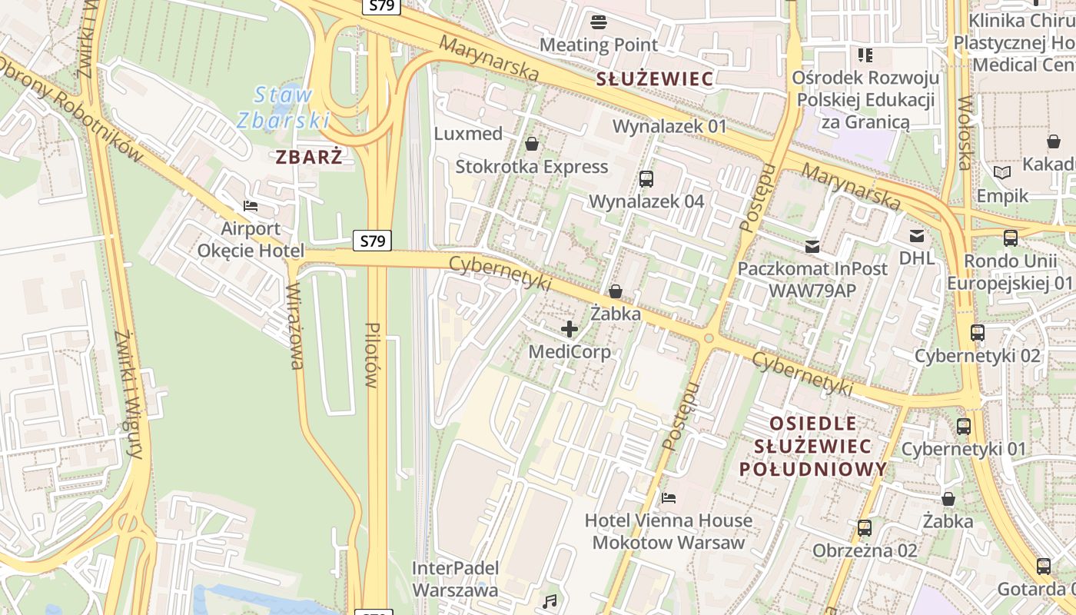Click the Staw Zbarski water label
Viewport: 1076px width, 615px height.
(x=283, y=108)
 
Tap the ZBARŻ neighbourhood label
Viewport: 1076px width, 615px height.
(x=309, y=157)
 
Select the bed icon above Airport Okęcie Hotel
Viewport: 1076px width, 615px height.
(x=251, y=206)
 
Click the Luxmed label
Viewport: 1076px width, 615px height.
(x=468, y=134)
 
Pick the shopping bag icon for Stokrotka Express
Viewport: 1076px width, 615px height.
(x=531, y=144)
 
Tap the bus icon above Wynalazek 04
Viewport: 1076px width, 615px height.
(x=646, y=179)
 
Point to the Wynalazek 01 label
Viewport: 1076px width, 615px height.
(x=669, y=126)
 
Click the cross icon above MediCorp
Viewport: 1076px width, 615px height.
(x=570, y=330)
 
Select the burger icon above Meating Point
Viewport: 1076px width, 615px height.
(x=599, y=22)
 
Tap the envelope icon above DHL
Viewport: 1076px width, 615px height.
(x=917, y=236)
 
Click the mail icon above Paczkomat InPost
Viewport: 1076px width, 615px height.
(x=812, y=247)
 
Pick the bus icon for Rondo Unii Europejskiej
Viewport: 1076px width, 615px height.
(x=1011, y=238)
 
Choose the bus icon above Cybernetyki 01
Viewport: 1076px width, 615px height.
(x=964, y=427)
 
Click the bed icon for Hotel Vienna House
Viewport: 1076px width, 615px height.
(x=669, y=498)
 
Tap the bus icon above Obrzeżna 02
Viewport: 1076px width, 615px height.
(x=865, y=528)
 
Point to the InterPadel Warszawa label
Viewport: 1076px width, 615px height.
(x=455, y=580)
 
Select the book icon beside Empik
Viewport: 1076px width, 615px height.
(x=1002, y=173)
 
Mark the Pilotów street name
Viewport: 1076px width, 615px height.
(x=373, y=354)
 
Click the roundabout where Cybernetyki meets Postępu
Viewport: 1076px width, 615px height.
(x=709, y=338)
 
